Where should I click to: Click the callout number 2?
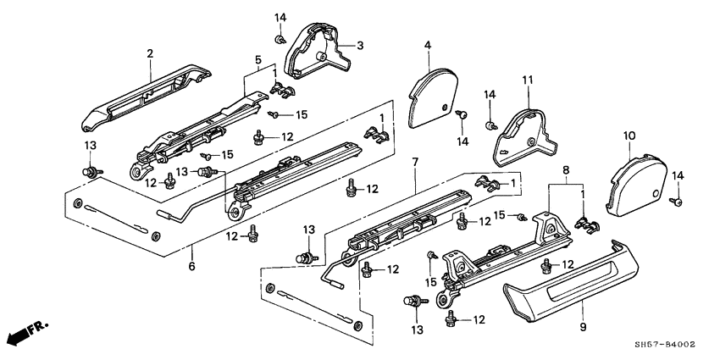click(150, 53)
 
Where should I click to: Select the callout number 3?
click(359, 45)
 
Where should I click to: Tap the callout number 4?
click(428, 44)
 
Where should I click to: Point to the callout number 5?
click(258, 60)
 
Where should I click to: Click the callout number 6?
click(191, 266)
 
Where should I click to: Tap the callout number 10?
click(629, 136)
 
